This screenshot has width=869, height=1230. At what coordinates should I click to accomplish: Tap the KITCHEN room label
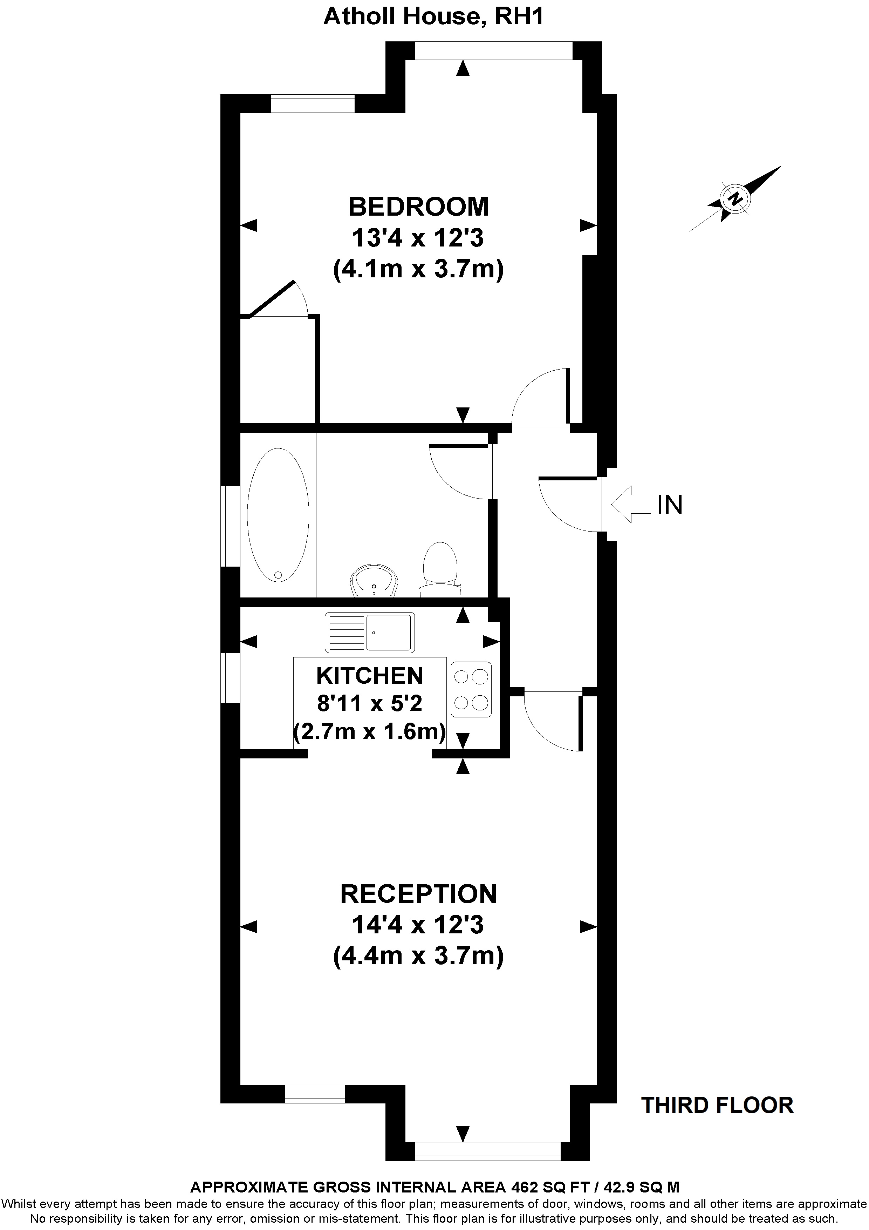[x=369, y=676]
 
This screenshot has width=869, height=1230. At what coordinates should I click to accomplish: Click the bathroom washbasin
[x=375, y=581]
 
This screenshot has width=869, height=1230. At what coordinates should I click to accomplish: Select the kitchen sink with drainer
[x=369, y=632]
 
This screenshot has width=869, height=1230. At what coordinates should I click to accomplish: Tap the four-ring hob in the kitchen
[x=471, y=689]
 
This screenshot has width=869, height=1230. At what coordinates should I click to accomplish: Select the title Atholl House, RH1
[x=434, y=16]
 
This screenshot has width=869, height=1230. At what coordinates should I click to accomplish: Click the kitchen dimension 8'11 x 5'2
[x=369, y=703]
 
